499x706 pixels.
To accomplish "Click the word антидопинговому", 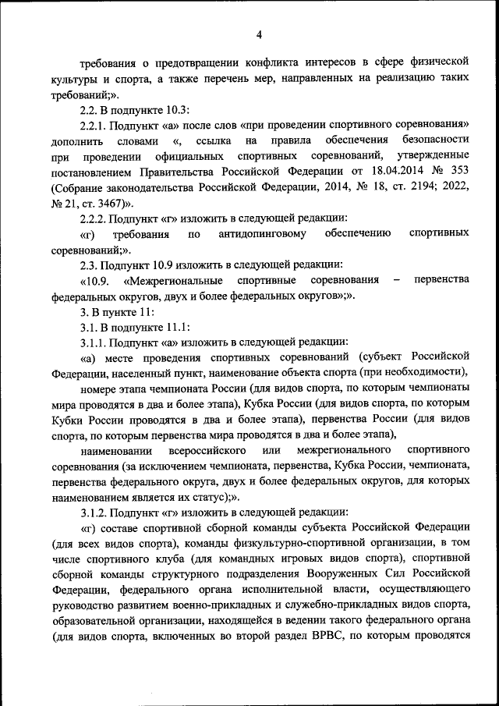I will [262, 234].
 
